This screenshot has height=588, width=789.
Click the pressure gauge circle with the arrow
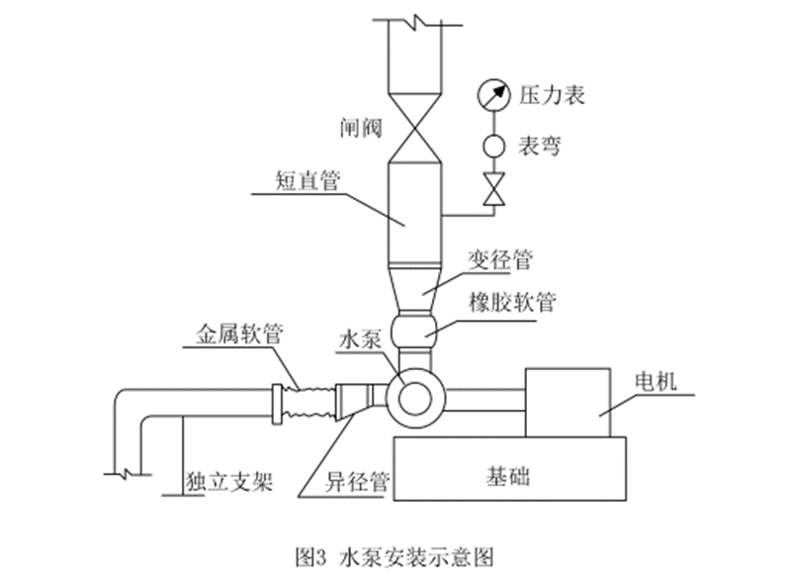(x=489, y=95)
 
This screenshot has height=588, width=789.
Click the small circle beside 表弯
(x=490, y=146)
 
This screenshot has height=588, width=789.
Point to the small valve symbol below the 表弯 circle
(x=490, y=188)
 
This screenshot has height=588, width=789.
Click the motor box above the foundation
(x=568, y=401)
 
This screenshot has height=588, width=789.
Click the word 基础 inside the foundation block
(x=508, y=476)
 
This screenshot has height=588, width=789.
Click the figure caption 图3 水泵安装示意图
(x=395, y=555)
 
